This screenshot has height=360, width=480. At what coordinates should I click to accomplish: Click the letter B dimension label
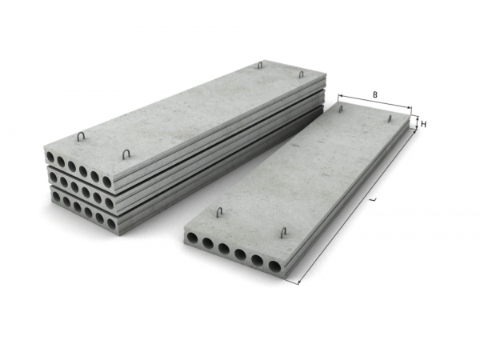pos(375,95)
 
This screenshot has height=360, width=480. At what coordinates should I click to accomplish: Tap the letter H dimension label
pos(424,124)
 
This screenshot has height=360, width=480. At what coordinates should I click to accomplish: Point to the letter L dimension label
pos(373,199)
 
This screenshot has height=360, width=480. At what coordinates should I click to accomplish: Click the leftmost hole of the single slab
pos(192,238)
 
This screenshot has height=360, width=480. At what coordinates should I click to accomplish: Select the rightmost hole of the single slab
pos(274,266)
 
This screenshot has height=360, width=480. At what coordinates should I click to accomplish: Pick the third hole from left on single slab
pos(223,249)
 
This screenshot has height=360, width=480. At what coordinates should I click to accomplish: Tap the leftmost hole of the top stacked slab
pos(50,158)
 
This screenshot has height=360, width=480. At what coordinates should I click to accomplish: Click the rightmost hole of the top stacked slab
pos(107,182)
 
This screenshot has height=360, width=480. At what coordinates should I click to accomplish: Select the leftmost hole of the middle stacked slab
pos(53,177)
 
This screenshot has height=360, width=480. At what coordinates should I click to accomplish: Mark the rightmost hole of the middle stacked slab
pos(109,202)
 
